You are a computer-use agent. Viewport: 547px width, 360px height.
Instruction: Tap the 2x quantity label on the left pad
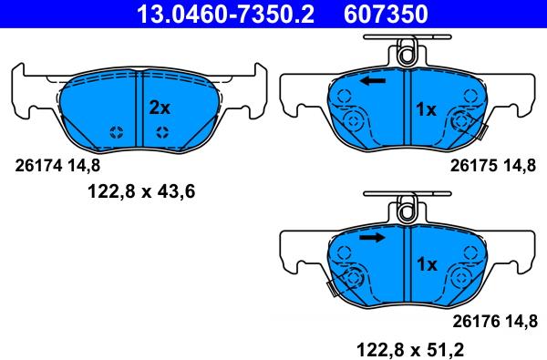click(x=160, y=108)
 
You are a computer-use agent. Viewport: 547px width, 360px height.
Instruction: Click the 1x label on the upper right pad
click(x=427, y=109)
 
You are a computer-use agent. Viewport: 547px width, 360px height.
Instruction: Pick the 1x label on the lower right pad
click(x=427, y=264)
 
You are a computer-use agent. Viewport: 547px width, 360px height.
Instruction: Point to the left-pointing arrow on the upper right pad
click(x=371, y=82)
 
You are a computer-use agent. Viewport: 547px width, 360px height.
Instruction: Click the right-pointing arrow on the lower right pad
click(x=371, y=238)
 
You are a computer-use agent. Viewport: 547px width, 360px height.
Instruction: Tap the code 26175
click(x=472, y=166)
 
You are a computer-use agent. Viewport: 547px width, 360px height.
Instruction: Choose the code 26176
click(x=472, y=320)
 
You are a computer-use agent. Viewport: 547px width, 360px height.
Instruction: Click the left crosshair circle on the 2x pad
click(x=116, y=133)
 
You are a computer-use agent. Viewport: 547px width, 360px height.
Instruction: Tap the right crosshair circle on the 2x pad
click(x=161, y=133)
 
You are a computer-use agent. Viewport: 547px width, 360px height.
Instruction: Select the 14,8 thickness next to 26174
click(x=83, y=166)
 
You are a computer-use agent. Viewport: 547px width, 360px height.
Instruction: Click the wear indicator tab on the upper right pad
click(x=481, y=135)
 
